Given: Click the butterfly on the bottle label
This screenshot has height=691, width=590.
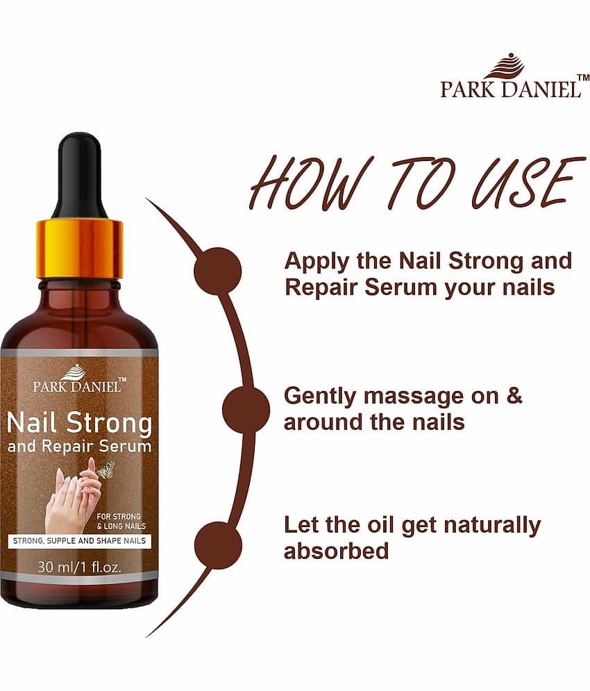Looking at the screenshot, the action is (106, 469).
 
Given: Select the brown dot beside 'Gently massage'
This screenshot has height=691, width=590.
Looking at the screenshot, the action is (246, 410).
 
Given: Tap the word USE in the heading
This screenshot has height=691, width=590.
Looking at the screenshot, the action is (529, 182).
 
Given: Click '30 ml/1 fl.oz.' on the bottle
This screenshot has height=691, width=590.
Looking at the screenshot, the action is (79, 567).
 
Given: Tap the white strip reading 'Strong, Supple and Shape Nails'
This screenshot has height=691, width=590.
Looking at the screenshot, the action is (79, 541).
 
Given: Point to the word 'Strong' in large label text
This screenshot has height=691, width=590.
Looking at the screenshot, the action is (110, 424).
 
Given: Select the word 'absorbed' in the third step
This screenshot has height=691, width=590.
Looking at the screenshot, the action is (336, 551).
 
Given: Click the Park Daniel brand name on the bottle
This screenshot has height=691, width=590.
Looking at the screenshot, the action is (76, 387).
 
